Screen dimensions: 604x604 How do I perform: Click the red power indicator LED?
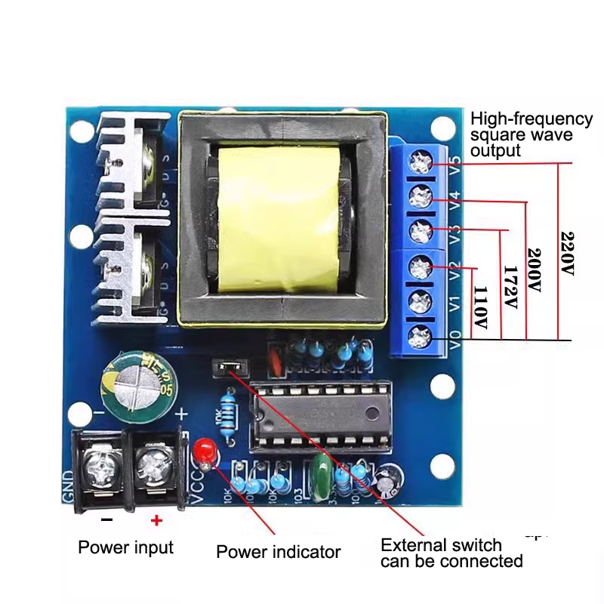click(202, 452)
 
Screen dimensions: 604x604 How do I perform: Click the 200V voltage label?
click(535, 270)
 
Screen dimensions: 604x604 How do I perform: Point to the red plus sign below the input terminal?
click(156, 519)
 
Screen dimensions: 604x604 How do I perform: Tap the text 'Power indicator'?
click(279, 552)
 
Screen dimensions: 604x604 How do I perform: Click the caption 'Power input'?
click(126, 547)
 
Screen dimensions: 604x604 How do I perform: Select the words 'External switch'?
click(441, 545)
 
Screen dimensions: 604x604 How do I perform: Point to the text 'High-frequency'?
click(532, 119)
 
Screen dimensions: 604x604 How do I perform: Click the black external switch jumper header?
click(230, 368)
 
